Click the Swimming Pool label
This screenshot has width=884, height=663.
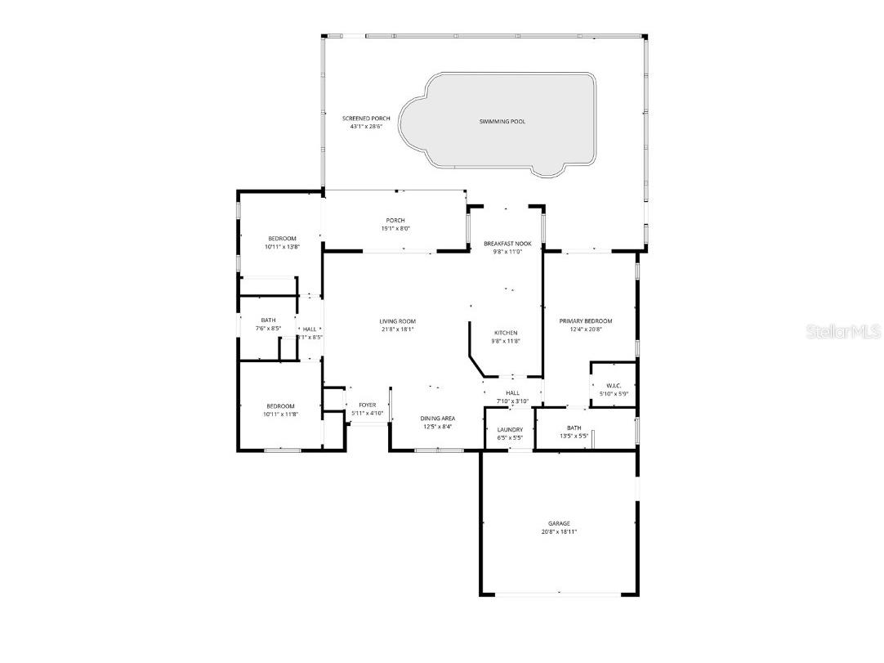pyautogui.click(x=502, y=122)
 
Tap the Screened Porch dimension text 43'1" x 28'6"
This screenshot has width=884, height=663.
pyautogui.click(x=366, y=127)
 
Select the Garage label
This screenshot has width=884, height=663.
pyautogui.click(x=559, y=523)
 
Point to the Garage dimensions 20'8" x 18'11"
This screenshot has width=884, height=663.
pyautogui.click(x=559, y=531)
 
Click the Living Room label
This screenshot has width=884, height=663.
pyautogui.click(x=397, y=321)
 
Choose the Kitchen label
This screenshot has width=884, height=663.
pyautogui.click(x=506, y=333)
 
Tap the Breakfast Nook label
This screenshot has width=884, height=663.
pyautogui.click(x=507, y=244)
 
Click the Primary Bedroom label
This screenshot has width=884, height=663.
pyautogui.click(x=585, y=321)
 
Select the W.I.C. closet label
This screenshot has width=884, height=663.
pyautogui.click(x=614, y=386)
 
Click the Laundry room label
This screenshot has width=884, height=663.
pyautogui.click(x=510, y=429)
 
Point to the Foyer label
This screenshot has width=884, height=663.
pyautogui.click(x=367, y=405)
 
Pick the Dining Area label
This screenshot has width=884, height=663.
pyautogui.click(x=438, y=419)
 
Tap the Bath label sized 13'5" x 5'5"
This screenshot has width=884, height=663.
pyautogui.click(x=574, y=428)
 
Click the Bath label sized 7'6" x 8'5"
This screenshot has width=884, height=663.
pyautogui.click(x=268, y=320)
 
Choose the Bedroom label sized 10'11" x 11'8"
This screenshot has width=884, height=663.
pyautogui.click(x=280, y=406)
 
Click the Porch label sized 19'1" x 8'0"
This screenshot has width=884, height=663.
pyautogui.click(x=395, y=221)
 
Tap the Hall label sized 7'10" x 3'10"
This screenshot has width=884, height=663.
pyautogui.click(x=512, y=393)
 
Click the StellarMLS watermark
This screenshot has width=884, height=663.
pyautogui.click(x=843, y=332)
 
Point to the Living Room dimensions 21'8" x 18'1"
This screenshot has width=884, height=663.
pyautogui.click(x=397, y=329)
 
